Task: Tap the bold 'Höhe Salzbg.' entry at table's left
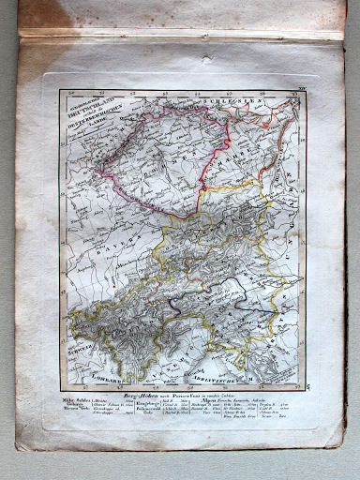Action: coord(75,401)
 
